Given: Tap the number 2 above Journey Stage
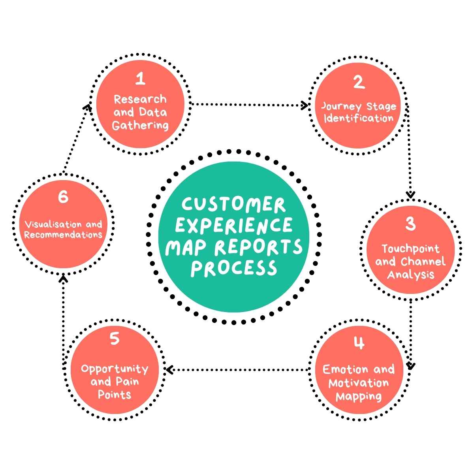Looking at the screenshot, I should (x=359, y=83).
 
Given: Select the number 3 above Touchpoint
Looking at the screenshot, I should (x=410, y=224).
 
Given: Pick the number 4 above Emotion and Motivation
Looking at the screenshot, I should (x=359, y=343).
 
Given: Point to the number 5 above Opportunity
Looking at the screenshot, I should (x=115, y=339).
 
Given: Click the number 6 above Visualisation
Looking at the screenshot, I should (x=63, y=197).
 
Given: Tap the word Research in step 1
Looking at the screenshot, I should (x=140, y=99).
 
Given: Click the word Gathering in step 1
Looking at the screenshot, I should (x=140, y=126).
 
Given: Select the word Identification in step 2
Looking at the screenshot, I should (x=359, y=118).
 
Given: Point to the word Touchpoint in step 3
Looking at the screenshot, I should (x=410, y=248).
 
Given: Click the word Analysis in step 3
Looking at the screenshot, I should (x=410, y=274).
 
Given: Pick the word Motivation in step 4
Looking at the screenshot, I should (x=359, y=383).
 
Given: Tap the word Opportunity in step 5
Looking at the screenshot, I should (x=115, y=369).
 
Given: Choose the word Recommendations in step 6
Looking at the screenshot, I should (x=63, y=235).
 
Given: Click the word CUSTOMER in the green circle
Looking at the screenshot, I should (x=233, y=205).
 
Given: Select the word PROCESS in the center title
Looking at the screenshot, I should (x=233, y=268).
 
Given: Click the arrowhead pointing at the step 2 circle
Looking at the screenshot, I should (x=305, y=105).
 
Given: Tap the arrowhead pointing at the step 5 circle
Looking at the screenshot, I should (x=169, y=370).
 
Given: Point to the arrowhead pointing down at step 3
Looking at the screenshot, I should (x=411, y=194).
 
